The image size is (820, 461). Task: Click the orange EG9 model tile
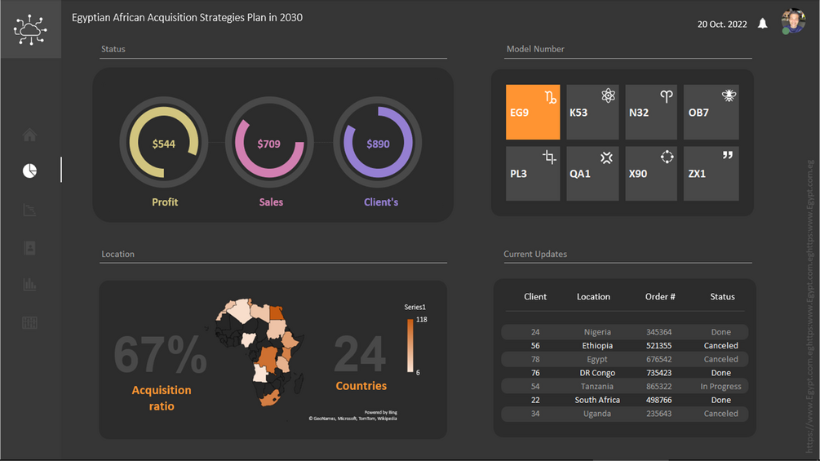533,112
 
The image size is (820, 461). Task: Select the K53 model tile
592,112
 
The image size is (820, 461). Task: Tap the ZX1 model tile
711,173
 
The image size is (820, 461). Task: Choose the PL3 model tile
533,173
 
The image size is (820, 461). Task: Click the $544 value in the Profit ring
163,144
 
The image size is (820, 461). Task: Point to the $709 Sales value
268,144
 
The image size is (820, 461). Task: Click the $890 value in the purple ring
378,144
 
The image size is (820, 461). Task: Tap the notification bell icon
763,24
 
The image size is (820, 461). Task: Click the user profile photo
793,21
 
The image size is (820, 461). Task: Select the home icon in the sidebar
29,135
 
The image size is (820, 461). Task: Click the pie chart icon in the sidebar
29,171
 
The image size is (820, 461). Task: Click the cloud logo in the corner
30,29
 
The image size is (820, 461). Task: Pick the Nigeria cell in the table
597,332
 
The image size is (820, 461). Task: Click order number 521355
658,346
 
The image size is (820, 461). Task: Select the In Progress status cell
720,387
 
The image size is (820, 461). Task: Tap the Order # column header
660,297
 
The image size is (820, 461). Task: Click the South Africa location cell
597,400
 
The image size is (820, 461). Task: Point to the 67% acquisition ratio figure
160,354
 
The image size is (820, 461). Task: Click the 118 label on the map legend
422,320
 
